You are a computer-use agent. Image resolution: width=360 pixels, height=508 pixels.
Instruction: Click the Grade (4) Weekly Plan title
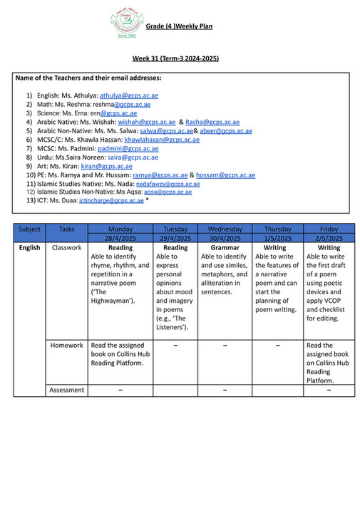(179, 27)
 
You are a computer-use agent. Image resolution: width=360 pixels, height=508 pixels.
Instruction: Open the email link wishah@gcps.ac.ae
(146, 122)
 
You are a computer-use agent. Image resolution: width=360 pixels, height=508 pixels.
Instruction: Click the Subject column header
(30, 229)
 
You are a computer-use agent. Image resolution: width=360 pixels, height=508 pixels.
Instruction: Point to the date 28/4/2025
(120, 238)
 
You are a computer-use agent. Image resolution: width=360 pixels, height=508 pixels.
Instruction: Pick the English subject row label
(30, 248)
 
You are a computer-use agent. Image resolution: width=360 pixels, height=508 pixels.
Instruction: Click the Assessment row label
(67, 390)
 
